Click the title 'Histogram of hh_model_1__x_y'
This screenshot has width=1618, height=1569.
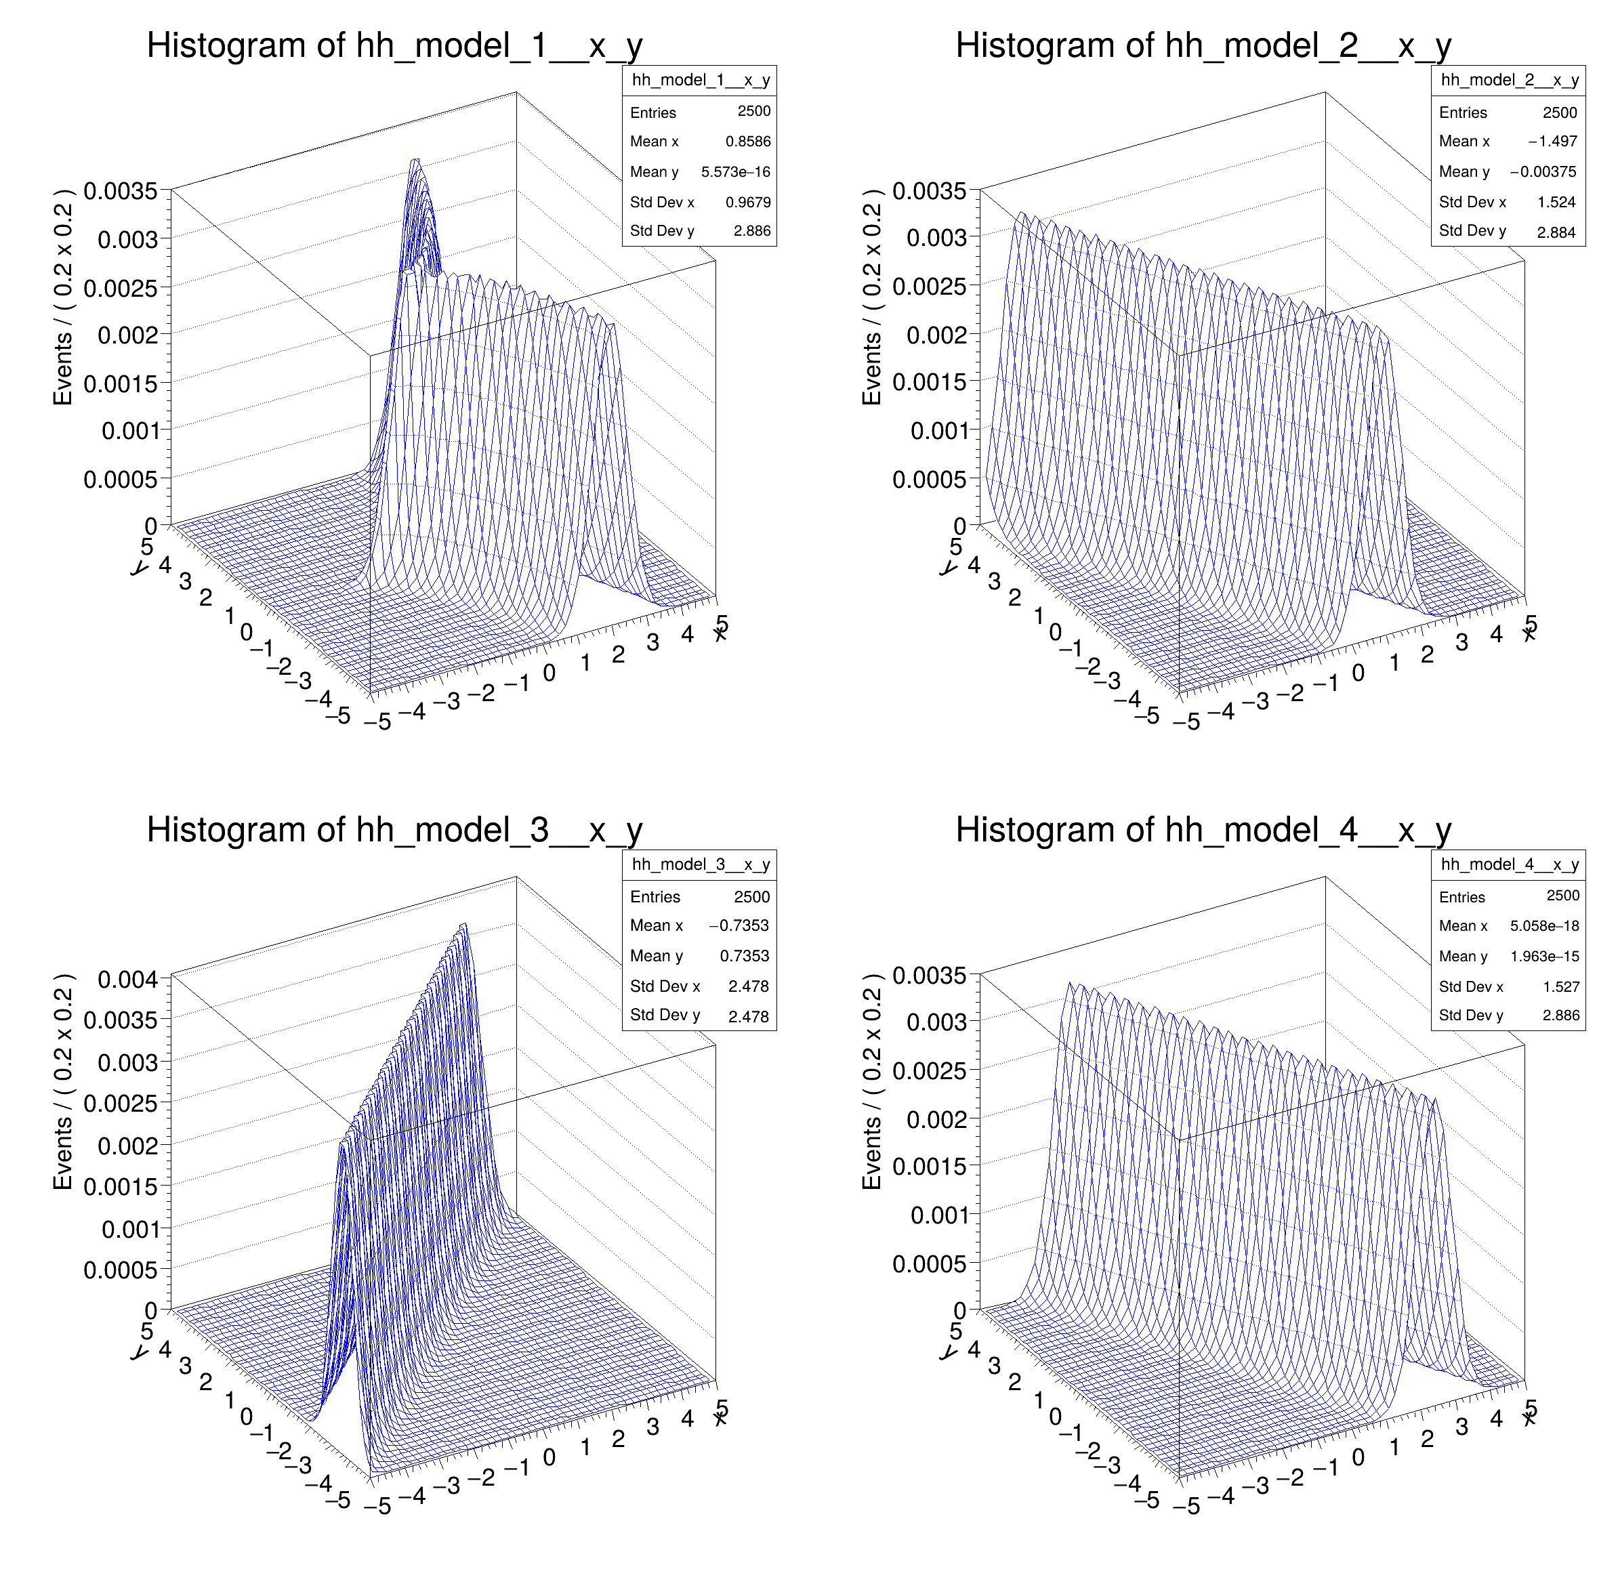[x=394, y=45]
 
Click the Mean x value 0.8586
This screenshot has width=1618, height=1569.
[x=748, y=141]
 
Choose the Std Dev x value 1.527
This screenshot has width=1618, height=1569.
[x=1561, y=986]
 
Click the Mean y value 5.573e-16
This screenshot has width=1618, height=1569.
[x=736, y=171]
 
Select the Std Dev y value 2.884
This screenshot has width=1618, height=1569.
[x=1556, y=232]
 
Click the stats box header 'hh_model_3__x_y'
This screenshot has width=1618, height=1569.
[x=700, y=864]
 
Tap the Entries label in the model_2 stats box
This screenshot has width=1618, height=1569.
[x=1463, y=112]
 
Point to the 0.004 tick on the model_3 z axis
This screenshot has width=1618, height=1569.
[x=127, y=979]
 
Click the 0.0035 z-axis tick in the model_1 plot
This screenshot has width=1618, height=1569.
[x=121, y=190]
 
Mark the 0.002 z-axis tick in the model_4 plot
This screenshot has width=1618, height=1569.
[x=936, y=1119]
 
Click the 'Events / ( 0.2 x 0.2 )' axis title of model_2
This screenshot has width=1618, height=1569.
[x=872, y=297]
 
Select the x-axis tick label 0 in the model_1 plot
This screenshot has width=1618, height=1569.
[x=549, y=673]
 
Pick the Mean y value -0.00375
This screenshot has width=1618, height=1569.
[x=1543, y=171]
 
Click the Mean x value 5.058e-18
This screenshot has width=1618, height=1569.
[x=1545, y=926]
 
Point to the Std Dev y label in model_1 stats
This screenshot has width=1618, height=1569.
[x=662, y=231]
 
